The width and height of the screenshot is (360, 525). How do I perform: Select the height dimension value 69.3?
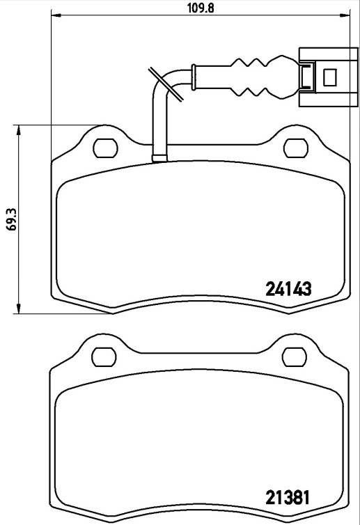pyautogui.click(x=9, y=219)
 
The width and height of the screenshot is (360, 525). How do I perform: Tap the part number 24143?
pyautogui.click(x=288, y=288)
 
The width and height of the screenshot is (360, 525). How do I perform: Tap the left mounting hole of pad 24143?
pyautogui.click(x=105, y=148)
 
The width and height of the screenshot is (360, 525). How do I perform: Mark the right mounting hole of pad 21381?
pyautogui.click(x=295, y=356)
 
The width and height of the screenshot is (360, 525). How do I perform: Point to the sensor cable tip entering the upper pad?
pyautogui.click(x=159, y=155)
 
